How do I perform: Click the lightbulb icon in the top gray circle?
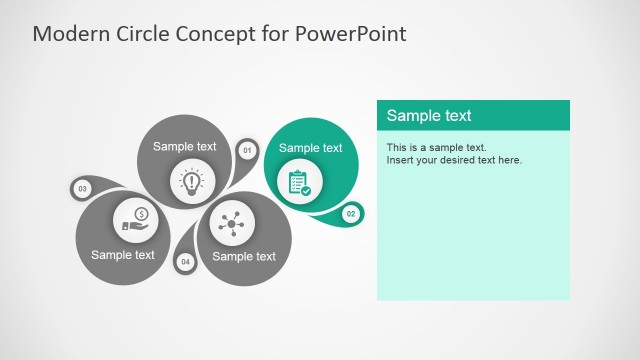(x=191, y=182)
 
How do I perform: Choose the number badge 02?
(x=351, y=213)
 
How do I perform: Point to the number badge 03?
(x=82, y=188)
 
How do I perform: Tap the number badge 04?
(x=185, y=262)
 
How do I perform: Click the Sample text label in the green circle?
(x=310, y=148)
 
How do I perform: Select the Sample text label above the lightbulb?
(x=184, y=147)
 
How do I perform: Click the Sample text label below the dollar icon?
(x=123, y=254)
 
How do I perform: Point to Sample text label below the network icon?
(x=244, y=256)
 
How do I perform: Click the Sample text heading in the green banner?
(x=429, y=116)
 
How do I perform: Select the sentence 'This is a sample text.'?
(x=436, y=148)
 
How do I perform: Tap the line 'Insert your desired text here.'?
(x=454, y=160)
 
